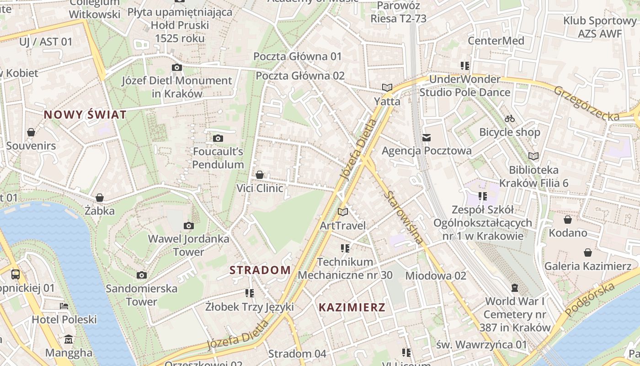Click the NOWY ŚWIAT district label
point(85,115)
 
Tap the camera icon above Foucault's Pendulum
point(218,138)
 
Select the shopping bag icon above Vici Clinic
point(259,175)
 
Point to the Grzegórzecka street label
point(587,103)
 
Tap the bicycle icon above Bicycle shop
point(510,119)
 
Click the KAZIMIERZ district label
point(352,307)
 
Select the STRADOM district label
point(260,270)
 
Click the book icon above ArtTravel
point(342,212)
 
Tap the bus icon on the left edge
point(16,274)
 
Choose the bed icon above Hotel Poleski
point(64,306)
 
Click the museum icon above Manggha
point(69,339)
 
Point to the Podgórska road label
point(590,300)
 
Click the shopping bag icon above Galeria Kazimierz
point(588,253)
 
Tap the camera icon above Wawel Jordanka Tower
point(188,226)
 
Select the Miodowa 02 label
point(436,275)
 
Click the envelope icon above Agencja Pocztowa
point(427,137)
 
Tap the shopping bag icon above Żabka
point(99,198)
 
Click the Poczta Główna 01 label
point(298,56)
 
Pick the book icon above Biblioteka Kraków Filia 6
point(533,156)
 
